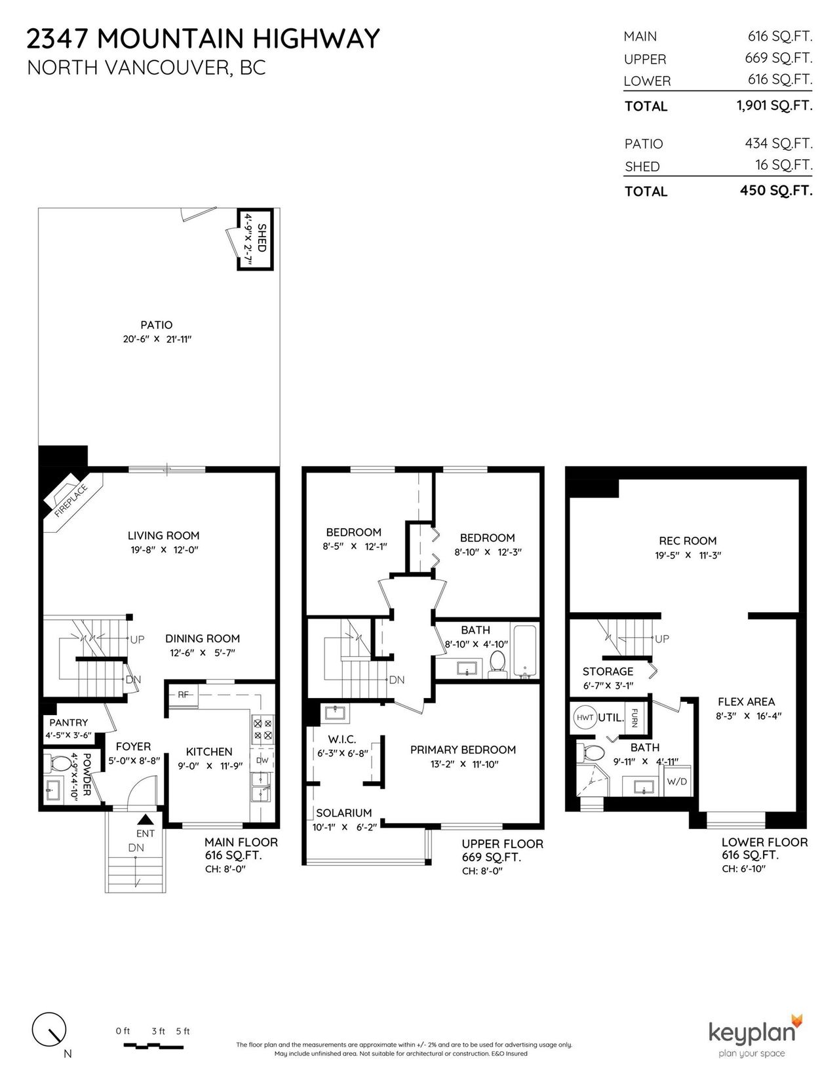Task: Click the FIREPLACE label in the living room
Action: pos(71,500)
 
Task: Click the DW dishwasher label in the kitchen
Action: pos(262,761)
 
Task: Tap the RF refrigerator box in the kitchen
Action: pos(184,695)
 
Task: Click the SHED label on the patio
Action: pos(262,237)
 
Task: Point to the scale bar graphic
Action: pos(153,1045)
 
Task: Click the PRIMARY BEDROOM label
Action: pos(463,750)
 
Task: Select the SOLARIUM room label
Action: pos(344,813)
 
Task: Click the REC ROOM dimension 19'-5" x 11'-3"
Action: pos(688,554)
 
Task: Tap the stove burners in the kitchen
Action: pos(263,729)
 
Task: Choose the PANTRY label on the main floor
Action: pos(68,722)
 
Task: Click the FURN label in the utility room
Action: pos(634,718)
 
